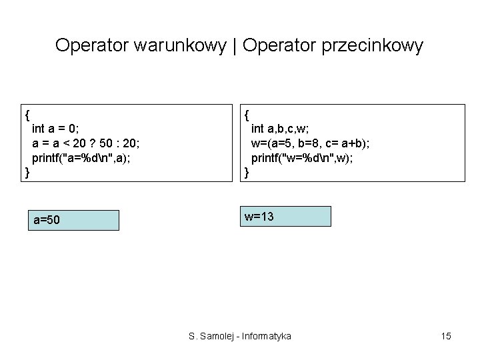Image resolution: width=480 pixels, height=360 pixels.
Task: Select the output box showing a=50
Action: (73, 220)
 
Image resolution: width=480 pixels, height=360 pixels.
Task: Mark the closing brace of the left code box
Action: (27, 173)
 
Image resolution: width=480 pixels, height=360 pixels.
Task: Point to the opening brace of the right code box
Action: (247, 112)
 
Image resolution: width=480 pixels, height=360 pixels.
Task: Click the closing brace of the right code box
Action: (247, 173)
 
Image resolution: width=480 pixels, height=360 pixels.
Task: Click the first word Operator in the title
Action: (92, 45)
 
